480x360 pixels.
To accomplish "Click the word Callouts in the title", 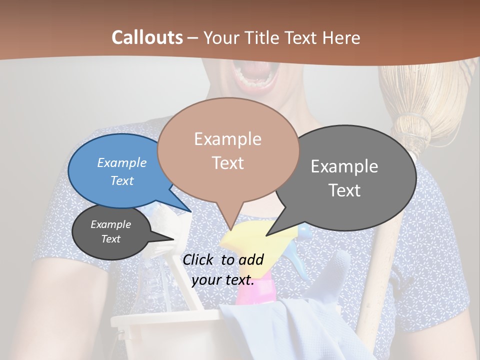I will tap(147, 37).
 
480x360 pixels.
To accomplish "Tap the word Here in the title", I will tap(342, 37).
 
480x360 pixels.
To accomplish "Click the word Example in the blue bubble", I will tap(122, 162).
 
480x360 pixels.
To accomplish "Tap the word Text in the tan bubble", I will tap(228, 163).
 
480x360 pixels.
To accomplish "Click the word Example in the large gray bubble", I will tap(344, 166).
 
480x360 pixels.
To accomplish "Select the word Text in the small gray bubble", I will tap(111, 239).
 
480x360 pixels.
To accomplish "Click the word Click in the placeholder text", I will tap(199, 259).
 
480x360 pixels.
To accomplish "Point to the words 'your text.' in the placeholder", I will tap(223, 279).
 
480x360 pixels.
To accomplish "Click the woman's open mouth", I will tap(255, 75).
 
